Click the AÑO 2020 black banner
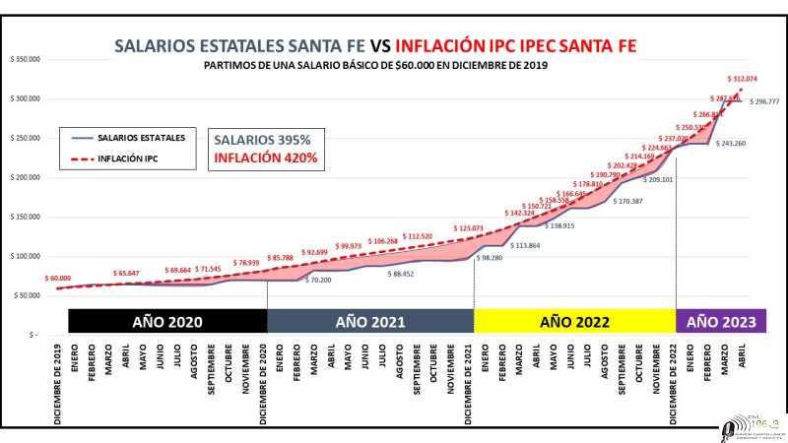(166, 322)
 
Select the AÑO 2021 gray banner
(369, 322)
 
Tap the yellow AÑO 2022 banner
(574, 322)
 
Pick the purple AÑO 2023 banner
(717, 322)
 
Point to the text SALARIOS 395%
(262, 140)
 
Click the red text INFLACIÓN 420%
(262, 158)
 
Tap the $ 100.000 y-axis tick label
(26, 256)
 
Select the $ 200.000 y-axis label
(26, 177)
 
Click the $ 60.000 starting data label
(56, 279)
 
